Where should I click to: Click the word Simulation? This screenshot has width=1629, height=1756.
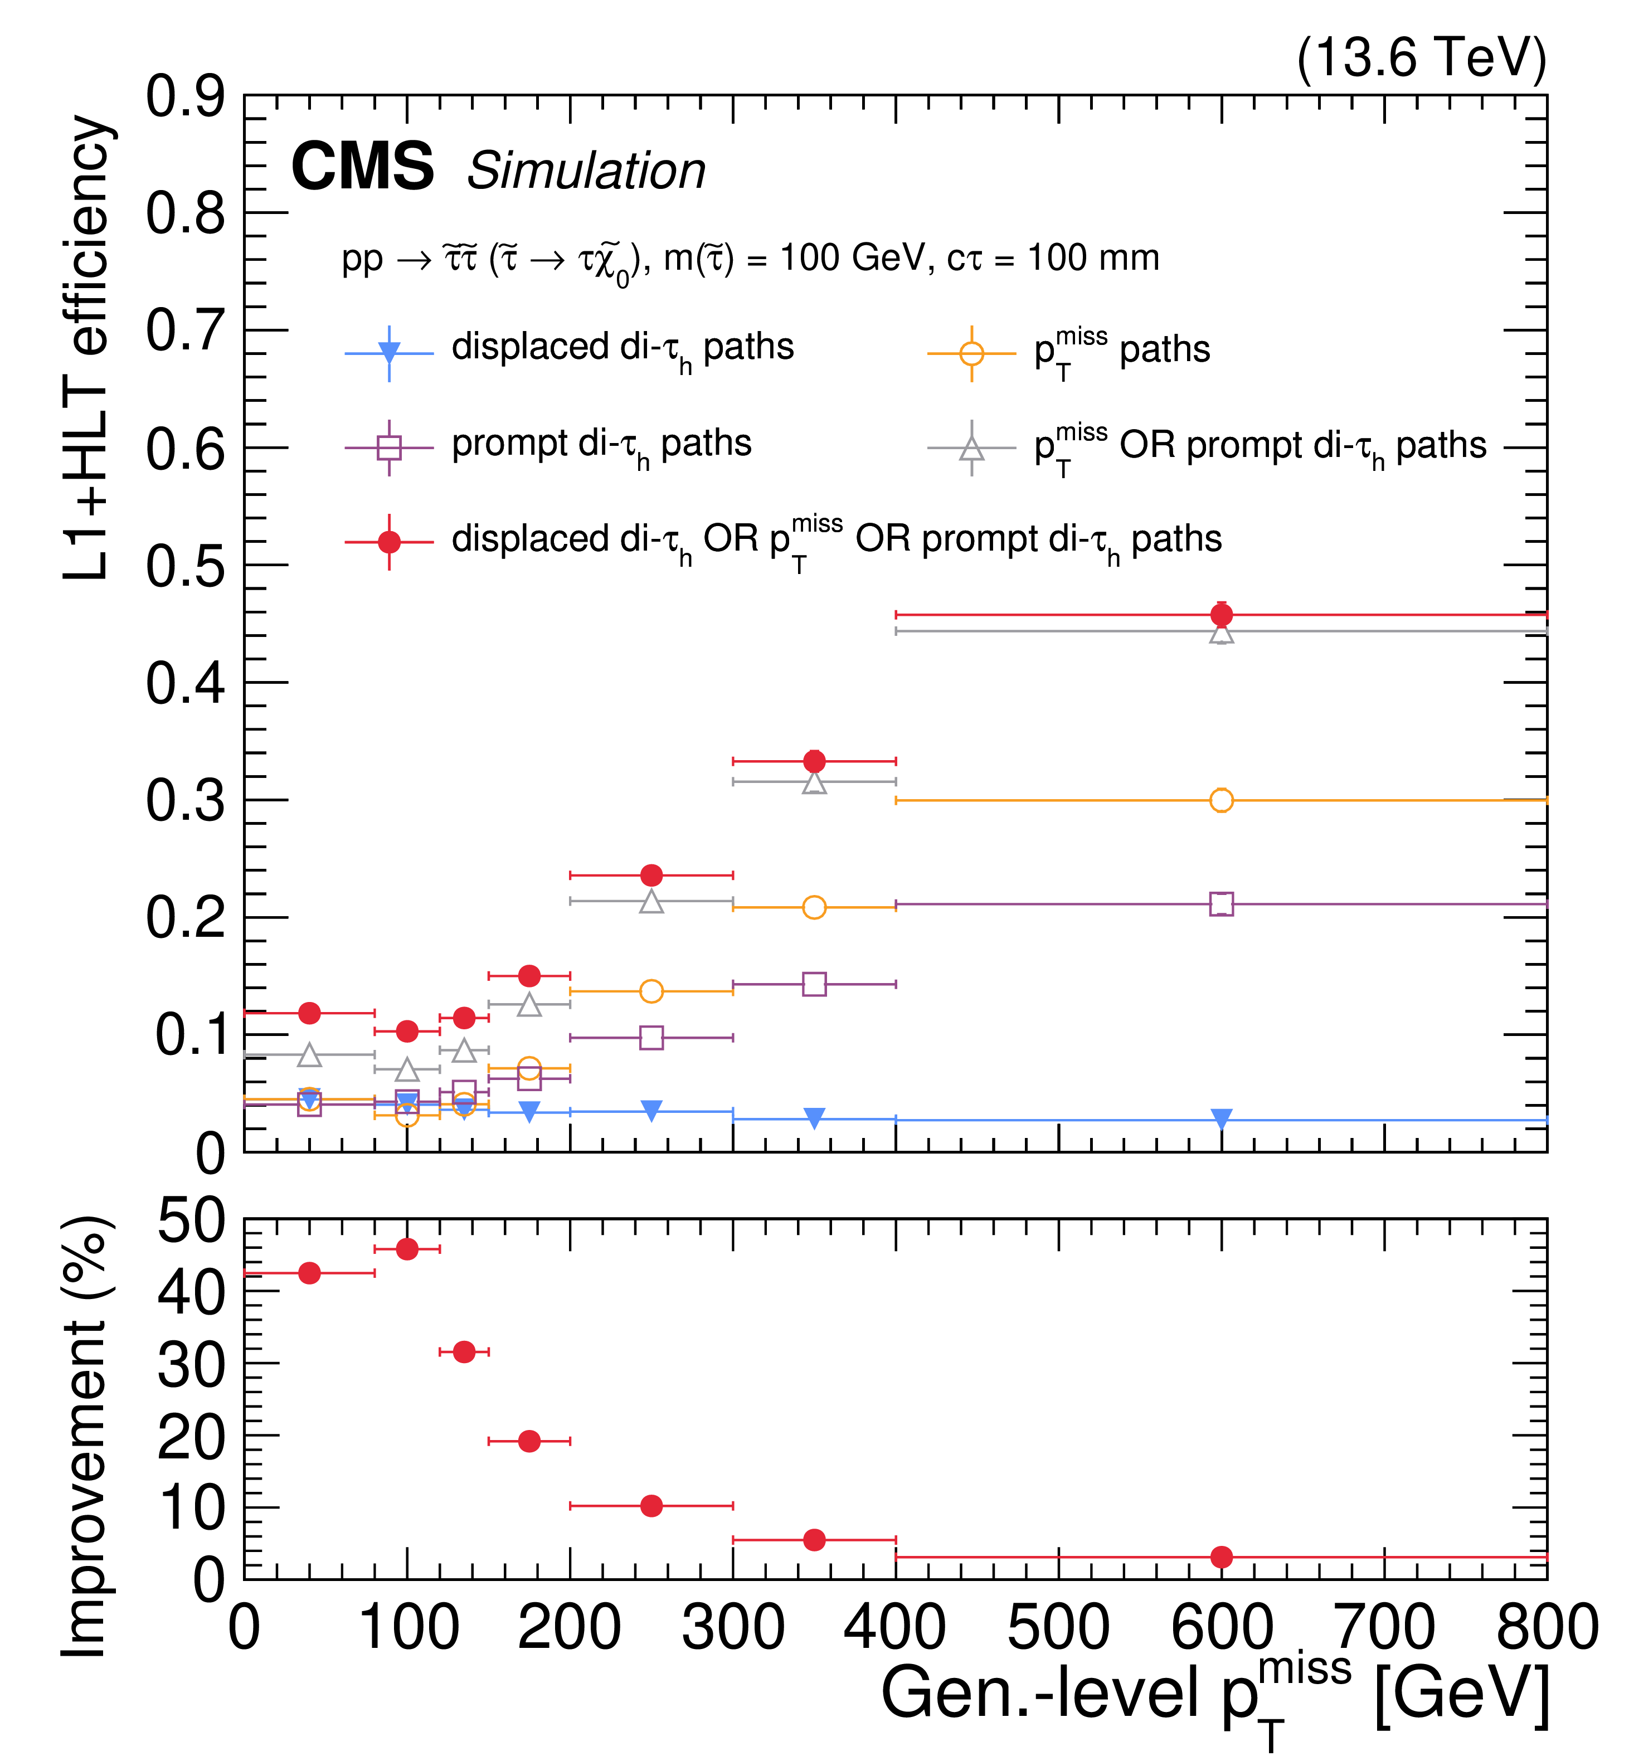click(x=586, y=171)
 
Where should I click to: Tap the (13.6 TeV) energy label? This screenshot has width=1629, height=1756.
click(x=1421, y=59)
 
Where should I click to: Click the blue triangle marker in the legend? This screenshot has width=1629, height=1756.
click(x=389, y=353)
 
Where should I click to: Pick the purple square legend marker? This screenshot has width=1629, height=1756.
click(x=389, y=448)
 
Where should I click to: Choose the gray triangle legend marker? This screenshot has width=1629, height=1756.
click(x=971, y=449)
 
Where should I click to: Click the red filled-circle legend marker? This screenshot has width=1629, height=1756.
click(x=389, y=541)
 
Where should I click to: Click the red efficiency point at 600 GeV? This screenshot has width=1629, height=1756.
click(x=1221, y=615)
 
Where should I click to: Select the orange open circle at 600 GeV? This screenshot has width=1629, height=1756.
click(x=1221, y=800)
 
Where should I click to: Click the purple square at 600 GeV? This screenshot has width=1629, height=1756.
click(x=1221, y=903)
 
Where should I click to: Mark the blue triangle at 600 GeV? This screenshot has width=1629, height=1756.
click(x=1221, y=1118)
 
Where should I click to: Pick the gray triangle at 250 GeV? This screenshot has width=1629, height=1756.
click(x=651, y=901)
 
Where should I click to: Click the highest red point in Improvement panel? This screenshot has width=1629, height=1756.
click(x=406, y=1249)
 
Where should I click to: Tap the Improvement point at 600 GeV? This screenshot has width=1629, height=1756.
click(x=1221, y=1558)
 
